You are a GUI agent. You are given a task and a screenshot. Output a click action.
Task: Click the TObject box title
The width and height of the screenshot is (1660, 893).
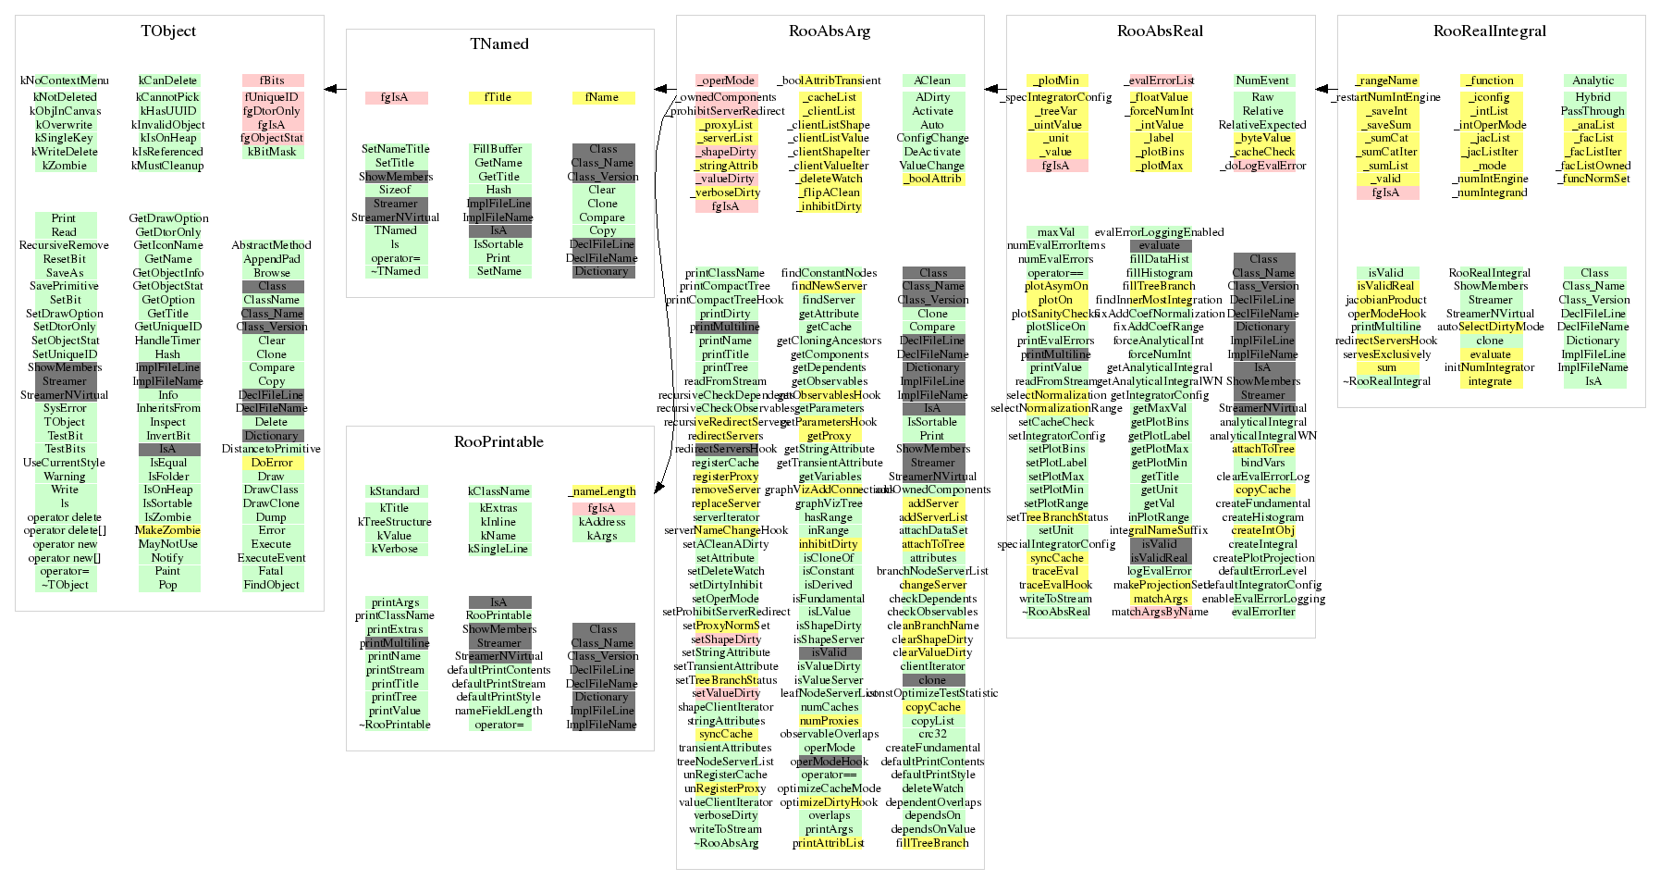pyautogui.click(x=168, y=31)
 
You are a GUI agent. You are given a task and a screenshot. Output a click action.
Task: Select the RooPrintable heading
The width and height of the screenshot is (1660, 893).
pyautogui.click(x=499, y=442)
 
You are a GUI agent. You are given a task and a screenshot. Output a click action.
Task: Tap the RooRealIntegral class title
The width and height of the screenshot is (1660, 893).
pyautogui.click(x=1490, y=31)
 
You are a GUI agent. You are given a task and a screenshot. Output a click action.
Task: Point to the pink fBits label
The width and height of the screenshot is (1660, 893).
pyautogui.click(x=272, y=81)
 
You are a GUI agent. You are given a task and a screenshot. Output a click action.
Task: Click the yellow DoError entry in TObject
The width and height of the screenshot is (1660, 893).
pyautogui.click(x=272, y=463)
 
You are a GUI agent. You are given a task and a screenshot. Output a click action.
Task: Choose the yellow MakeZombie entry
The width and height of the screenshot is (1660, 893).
pyautogui.click(x=167, y=530)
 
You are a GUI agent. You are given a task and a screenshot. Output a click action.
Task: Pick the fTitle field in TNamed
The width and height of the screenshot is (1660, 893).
pyautogui.click(x=498, y=97)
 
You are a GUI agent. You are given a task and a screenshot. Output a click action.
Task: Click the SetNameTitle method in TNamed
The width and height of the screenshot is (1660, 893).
pyautogui.click(x=395, y=149)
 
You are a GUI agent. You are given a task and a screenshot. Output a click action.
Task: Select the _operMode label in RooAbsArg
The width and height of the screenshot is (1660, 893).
pyautogui.click(x=726, y=81)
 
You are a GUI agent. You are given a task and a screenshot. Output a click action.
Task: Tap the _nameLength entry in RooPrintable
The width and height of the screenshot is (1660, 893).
pyautogui.click(x=602, y=491)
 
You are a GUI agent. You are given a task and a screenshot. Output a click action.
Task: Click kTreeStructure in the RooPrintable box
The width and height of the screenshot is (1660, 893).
pyautogui.click(x=395, y=522)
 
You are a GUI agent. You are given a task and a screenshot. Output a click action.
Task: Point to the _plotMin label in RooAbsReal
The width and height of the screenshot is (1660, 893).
pyautogui.click(x=1056, y=81)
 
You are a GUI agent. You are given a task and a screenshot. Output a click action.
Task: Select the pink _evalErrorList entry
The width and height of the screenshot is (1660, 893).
pyautogui.click(x=1160, y=81)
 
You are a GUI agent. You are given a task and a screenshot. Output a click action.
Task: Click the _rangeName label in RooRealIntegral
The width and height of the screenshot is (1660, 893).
pyautogui.click(x=1386, y=81)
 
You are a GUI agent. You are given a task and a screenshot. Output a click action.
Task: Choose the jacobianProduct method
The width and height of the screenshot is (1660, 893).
pyautogui.click(x=1386, y=300)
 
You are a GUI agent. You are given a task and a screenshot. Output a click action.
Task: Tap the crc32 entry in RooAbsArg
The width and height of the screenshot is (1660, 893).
pyautogui.click(x=932, y=734)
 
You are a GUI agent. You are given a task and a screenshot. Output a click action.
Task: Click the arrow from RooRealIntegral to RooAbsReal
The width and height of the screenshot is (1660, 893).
pyautogui.click(x=1326, y=90)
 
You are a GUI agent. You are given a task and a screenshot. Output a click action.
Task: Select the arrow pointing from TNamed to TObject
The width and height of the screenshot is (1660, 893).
pyautogui.click(x=335, y=90)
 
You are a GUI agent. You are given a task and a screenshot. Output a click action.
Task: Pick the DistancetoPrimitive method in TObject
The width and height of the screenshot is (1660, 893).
pyautogui.click(x=271, y=449)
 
